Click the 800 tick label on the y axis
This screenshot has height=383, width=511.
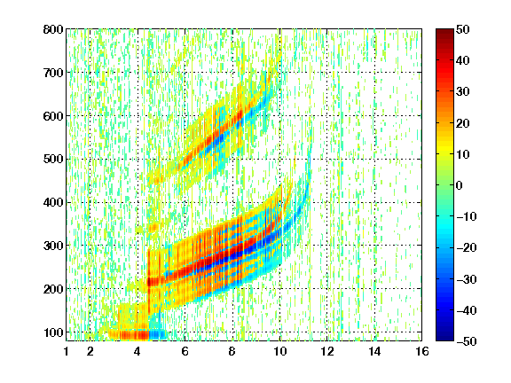coord(53,29)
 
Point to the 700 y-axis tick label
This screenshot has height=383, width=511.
coord(53,73)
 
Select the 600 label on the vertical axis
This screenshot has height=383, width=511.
coord(53,116)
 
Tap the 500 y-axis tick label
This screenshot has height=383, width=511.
coord(53,160)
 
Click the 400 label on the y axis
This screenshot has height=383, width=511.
coord(53,202)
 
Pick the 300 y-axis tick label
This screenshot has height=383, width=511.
coord(53,246)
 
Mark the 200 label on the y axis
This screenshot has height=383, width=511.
coord(53,289)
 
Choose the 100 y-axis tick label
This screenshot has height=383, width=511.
coord(53,332)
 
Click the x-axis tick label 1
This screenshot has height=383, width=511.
coord(67,351)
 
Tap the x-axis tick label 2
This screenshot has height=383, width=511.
coord(90,351)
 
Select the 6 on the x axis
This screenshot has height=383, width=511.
coord(185,351)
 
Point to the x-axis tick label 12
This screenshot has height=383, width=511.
coord(327,351)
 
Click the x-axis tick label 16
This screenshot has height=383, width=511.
coord(422,351)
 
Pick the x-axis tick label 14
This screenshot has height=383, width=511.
coord(374,351)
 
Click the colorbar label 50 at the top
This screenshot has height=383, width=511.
coord(462,29)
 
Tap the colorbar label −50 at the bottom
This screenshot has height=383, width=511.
coord(467,341)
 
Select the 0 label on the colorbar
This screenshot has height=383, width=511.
coord(459,185)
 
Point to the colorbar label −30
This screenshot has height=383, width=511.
coord(467,279)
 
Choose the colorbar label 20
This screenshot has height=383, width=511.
coord(462,123)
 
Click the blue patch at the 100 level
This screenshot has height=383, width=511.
coord(159,334)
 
